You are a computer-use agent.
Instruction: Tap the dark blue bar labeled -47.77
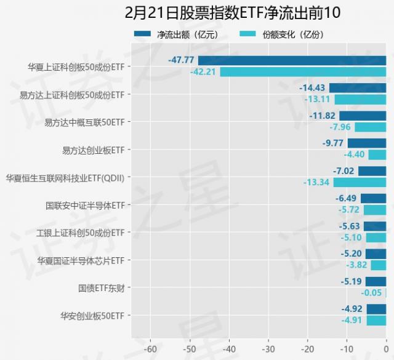click(292, 60)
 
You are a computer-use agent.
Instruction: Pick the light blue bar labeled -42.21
click(303, 71)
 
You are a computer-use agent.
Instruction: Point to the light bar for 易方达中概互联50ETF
click(371, 127)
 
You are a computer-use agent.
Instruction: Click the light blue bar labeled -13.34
click(360, 182)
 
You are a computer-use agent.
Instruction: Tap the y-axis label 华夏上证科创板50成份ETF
click(76, 66)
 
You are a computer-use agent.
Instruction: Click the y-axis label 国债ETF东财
click(101, 288)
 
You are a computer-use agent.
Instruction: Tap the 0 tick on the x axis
click(386, 348)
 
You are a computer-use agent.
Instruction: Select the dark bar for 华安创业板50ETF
click(376, 309)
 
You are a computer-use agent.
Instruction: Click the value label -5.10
click(352, 238)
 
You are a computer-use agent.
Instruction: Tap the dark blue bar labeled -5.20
click(376, 254)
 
